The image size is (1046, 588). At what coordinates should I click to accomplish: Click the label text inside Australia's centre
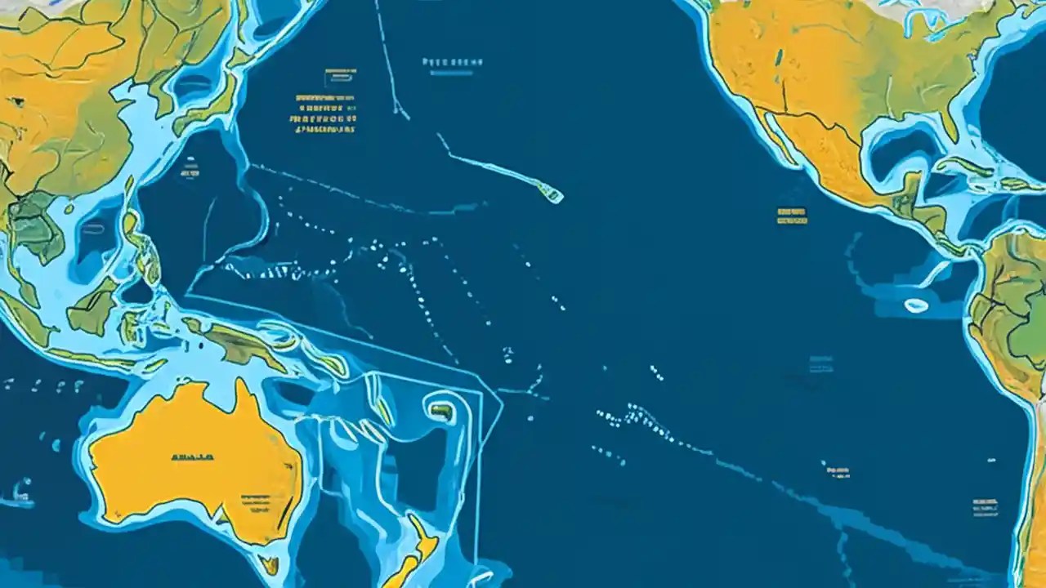pos(193,458)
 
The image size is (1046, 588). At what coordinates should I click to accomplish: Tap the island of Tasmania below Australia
pos(269,563)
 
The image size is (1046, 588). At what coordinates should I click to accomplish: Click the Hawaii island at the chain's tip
pos(553,195)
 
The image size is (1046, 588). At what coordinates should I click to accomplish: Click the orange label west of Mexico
pos(792,216)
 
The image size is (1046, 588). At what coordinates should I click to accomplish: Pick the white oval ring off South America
pos(916,305)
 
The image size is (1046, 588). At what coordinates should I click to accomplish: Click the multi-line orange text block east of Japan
pos(325,114)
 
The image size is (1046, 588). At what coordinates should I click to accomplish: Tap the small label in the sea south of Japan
pos(190,172)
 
